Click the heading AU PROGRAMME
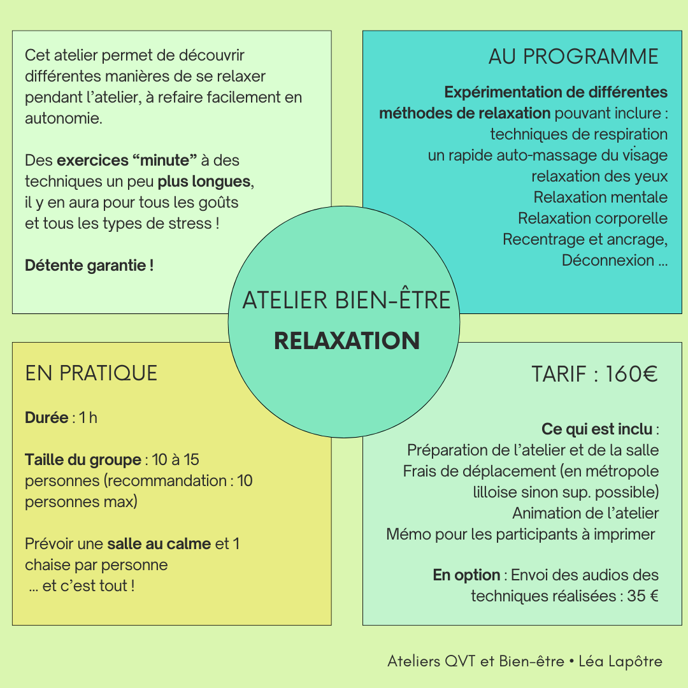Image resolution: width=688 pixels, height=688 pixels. pos(573,57)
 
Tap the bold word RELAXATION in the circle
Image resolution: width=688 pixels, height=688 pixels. pos(347,341)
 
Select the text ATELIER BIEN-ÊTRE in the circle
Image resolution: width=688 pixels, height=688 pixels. pos(347,300)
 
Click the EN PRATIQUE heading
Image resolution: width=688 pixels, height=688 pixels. pos(91,373)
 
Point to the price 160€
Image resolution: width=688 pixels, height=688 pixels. pos(631,375)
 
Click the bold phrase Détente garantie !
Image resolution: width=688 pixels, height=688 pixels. pos(89,266)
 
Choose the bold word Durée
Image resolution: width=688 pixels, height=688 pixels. pos(47,418)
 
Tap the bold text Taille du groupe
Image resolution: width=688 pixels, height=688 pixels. pos(83,460)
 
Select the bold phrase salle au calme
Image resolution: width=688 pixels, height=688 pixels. pos(159,544)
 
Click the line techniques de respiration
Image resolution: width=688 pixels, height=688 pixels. pos(578,134)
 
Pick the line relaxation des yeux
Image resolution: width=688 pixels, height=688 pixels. pos(599,176)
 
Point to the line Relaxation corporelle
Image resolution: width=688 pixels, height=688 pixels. pos(592,219)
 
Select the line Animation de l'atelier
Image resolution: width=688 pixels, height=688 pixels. pos(585,513)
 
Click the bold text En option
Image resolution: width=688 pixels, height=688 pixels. pos(466,575)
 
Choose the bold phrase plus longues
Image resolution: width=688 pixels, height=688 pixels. pos(204,182)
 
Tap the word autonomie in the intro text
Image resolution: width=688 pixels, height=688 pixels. pos(62,118)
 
